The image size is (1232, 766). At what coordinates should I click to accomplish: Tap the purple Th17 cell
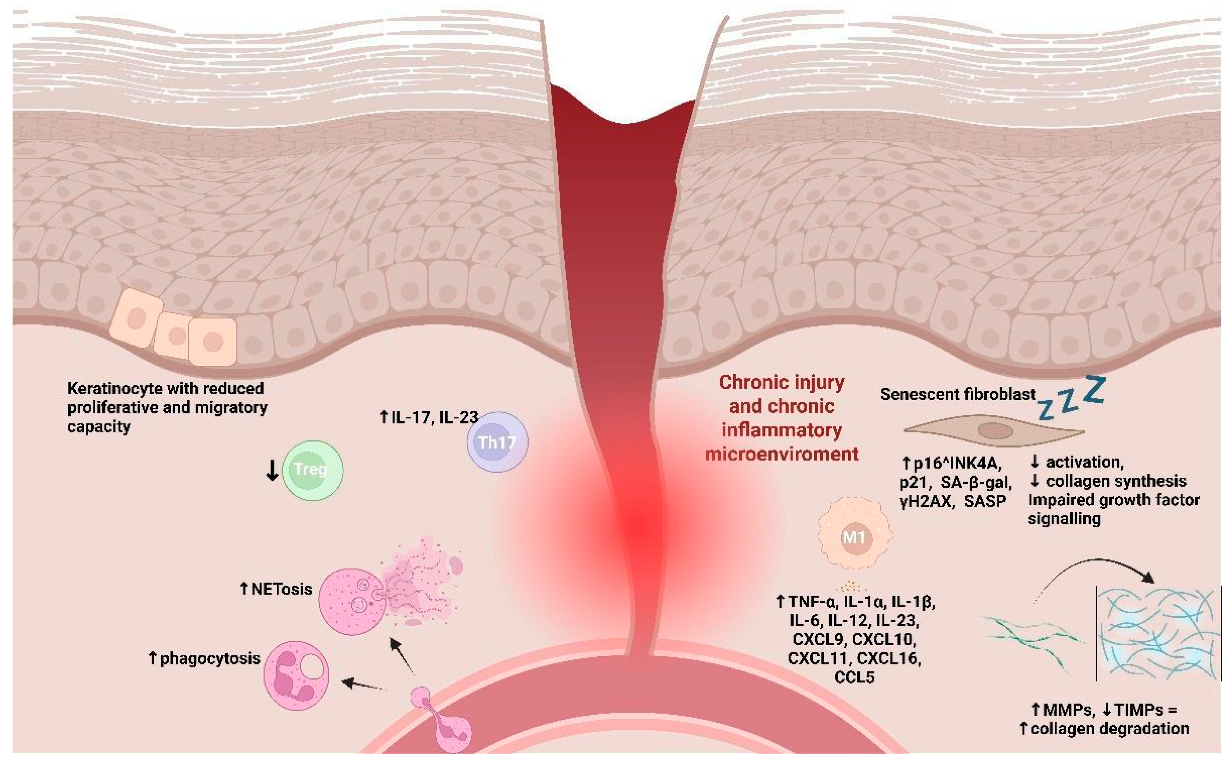point(497,442)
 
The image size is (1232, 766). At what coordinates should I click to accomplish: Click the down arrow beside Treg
point(272,470)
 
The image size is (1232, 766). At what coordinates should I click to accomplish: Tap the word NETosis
point(281,589)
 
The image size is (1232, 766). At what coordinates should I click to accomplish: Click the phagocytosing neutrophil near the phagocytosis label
point(296,675)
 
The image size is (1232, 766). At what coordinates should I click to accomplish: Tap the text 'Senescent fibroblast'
point(958,395)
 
